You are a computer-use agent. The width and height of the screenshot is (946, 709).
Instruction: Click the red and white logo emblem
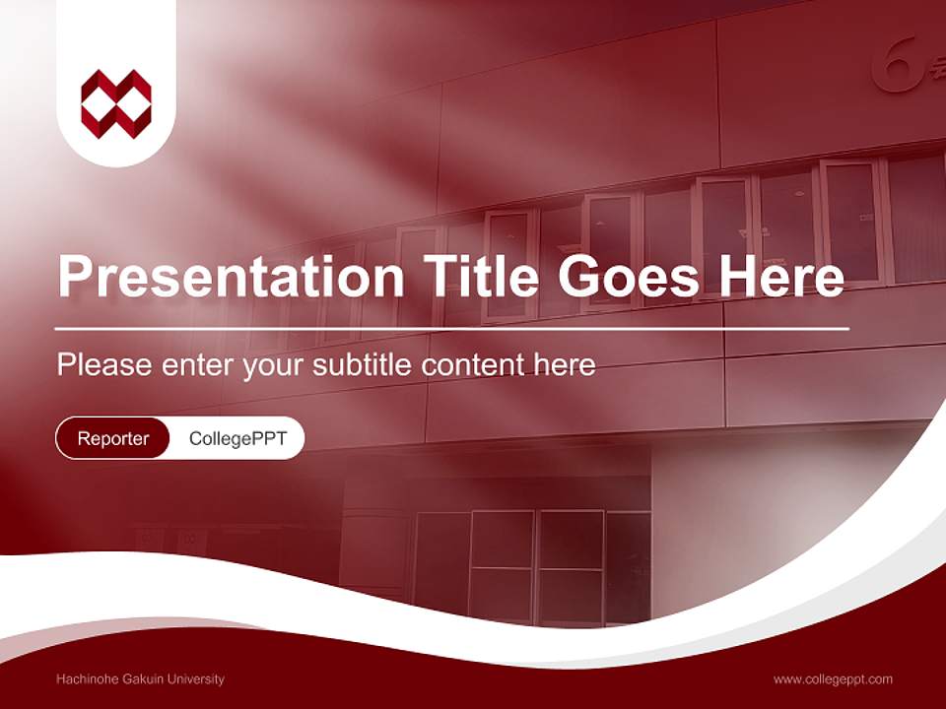click(116, 103)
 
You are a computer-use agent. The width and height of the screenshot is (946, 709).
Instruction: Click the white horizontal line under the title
click(452, 328)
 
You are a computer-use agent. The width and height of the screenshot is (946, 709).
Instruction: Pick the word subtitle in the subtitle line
click(364, 365)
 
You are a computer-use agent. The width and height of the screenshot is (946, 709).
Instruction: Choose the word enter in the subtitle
click(196, 365)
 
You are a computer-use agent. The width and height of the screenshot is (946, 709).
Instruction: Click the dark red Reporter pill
click(113, 438)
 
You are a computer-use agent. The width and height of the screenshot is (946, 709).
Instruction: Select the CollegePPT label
click(237, 438)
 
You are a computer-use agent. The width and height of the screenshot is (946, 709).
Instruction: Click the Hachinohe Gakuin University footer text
click(141, 678)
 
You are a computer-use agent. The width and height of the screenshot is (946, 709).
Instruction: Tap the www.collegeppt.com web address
click(833, 678)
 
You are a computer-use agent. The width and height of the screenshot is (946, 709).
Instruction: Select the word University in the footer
click(195, 678)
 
